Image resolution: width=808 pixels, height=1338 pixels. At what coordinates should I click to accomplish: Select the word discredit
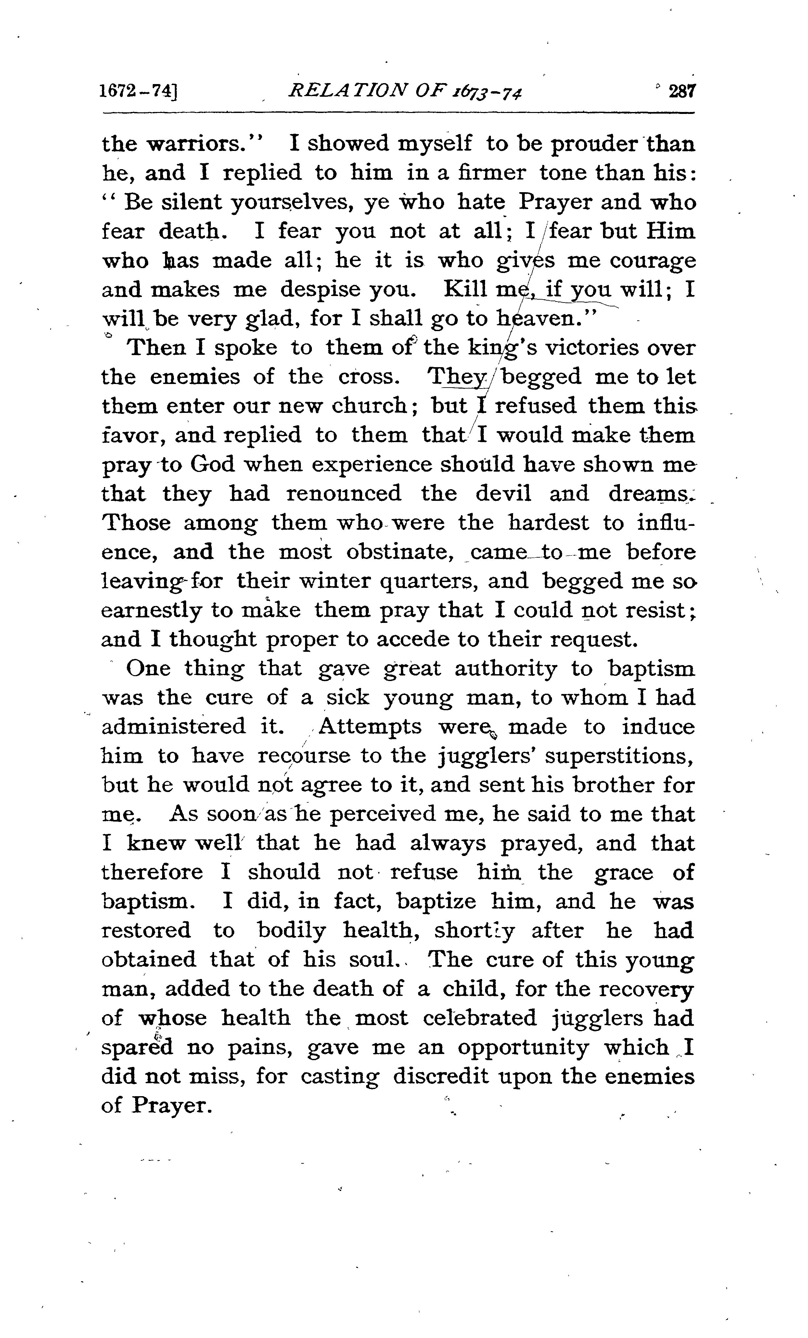point(439,1076)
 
